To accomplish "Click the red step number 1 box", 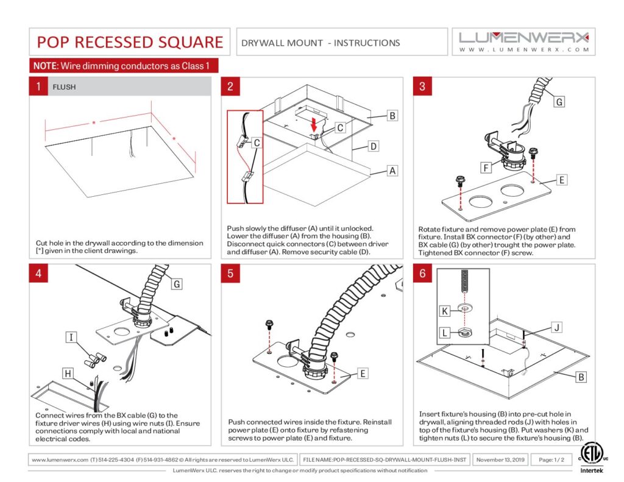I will [38, 87].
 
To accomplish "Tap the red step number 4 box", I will [38, 273].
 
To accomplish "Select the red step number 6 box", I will [422, 273].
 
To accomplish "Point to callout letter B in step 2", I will [392, 115].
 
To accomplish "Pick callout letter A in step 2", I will [392, 171].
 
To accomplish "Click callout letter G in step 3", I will [559, 102].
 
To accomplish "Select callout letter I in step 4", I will [71, 337].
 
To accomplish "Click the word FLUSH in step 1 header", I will [64, 87].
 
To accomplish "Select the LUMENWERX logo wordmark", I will [523, 37].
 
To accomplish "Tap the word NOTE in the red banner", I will [44, 66].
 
